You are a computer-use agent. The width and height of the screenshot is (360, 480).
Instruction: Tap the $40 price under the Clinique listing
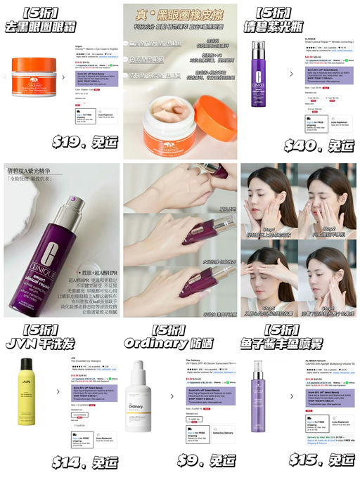pyautogui.click(x=319, y=145)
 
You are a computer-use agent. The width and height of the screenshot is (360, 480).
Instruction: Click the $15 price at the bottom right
pyautogui.click(x=320, y=460)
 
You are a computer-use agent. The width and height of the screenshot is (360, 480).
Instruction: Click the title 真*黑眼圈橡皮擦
pyautogui.click(x=180, y=16)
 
